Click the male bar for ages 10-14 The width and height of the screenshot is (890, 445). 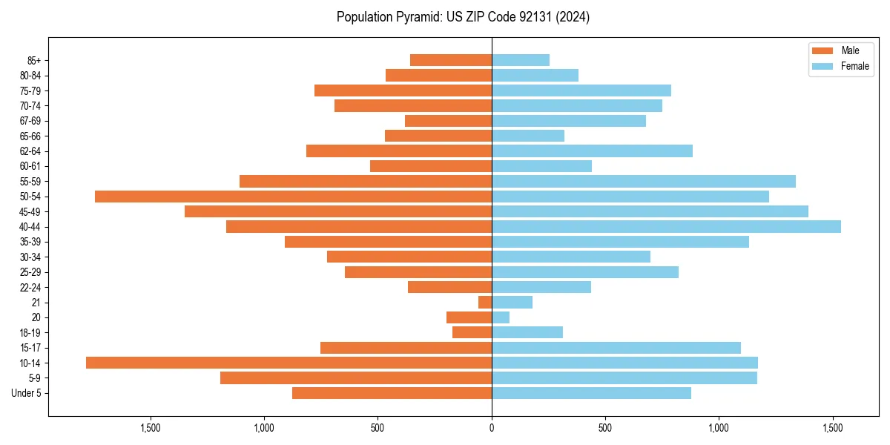point(289,363)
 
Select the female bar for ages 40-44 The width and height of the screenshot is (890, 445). point(666,226)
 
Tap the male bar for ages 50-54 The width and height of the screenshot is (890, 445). point(293,197)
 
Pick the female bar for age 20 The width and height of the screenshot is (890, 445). point(501,317)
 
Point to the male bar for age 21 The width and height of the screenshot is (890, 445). point(485,303)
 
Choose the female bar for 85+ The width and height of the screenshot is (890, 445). point(521,60)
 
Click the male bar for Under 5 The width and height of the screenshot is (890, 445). point(392,393)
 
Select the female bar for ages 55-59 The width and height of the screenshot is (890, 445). point(643,181)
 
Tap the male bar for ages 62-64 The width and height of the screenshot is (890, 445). point(399,151)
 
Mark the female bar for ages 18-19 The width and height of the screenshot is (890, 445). point(527,332)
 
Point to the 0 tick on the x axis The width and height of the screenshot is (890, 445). point(492,428)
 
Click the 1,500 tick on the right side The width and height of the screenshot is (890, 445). point(833,428)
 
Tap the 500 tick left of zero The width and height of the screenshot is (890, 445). point(378,428)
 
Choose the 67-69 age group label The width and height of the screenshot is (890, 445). point(30,121)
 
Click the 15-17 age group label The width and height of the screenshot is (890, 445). point(30,348)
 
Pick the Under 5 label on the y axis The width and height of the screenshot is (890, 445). point(27,393)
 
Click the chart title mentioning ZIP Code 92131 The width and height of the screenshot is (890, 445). point(463,17)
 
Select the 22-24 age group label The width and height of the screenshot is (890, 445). point(30,287)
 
